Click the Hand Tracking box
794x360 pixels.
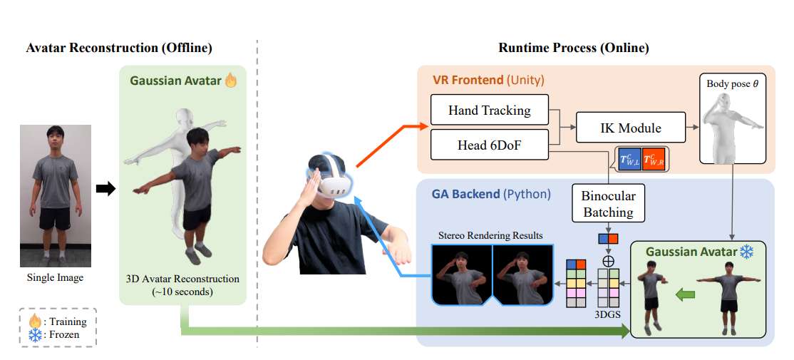click(x=489, y=110)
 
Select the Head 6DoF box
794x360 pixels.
click(x=489, y=144)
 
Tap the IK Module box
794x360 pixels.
click(x=630, y=128)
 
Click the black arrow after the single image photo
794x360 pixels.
click(x=105, y=188)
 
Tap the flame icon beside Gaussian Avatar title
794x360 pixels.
click(x=231, y=81)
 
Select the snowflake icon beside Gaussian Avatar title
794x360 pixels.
click(x=746, y=252)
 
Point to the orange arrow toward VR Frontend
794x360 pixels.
click(x=389, y=145)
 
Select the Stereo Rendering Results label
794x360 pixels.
click(x=490, y=235)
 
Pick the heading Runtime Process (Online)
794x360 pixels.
click(x=573, y=48)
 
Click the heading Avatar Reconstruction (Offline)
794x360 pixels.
click(x=119, y=48)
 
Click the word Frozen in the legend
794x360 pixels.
click(x=66, y=334)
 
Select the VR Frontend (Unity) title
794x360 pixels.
click(x=488, y=80)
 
